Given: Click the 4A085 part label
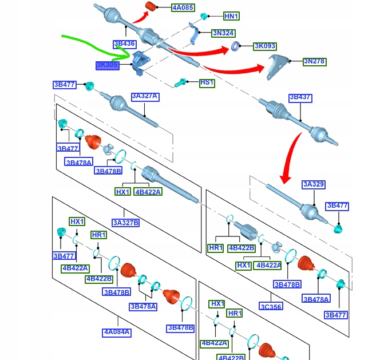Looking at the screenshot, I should [183, 8].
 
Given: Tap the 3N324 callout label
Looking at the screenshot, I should [223, 33].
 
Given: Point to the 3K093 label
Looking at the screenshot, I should [264, 45].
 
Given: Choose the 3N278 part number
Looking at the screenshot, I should [314, 61].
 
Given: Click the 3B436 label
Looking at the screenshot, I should [124, 43].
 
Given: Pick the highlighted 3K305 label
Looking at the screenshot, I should [107, 66].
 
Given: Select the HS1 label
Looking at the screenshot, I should [207, 83].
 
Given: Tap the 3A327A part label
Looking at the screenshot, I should [144, 97].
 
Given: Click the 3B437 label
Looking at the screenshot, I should [300, 98].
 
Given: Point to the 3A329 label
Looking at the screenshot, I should [314, 184].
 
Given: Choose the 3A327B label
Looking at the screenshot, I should [126, 223].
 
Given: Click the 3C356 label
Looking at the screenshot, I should [270, 306].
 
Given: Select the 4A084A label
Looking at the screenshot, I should [117, 332].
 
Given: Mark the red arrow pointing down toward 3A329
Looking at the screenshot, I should [292, 155].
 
